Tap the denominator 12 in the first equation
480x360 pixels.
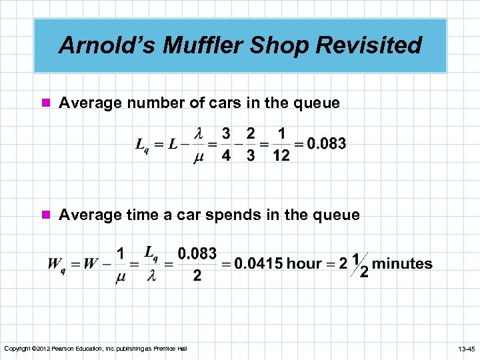281,156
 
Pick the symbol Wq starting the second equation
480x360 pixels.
55,264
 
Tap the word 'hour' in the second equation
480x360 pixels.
304,264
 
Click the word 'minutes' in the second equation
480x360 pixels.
402,264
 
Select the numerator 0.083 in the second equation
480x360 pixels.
197,253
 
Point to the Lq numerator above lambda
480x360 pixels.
151,253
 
